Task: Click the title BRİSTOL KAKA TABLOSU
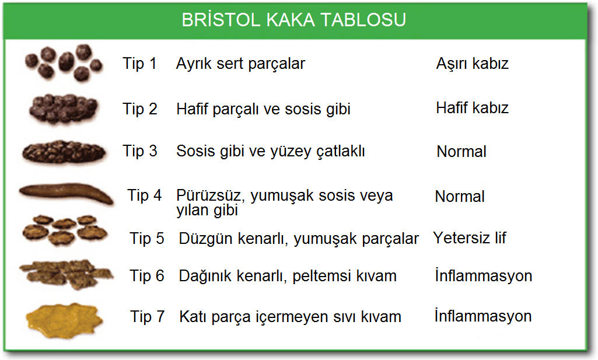293,19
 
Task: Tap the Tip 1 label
139,63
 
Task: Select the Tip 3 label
139,151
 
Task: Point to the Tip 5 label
147,239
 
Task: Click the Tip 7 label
147,316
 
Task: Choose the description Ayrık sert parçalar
240,64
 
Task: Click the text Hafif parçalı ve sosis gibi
263,109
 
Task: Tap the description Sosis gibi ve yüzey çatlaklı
270,151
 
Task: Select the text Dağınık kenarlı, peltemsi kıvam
288,276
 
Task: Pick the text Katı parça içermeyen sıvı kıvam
290,317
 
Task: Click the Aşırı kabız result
472,64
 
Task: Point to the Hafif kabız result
472,107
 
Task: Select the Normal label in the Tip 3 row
461,151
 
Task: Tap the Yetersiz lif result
470,237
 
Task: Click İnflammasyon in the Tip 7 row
483,316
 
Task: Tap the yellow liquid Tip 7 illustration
64,320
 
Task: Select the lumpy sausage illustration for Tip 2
64,109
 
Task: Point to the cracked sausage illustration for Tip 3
64,152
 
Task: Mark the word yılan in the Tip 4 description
192,210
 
